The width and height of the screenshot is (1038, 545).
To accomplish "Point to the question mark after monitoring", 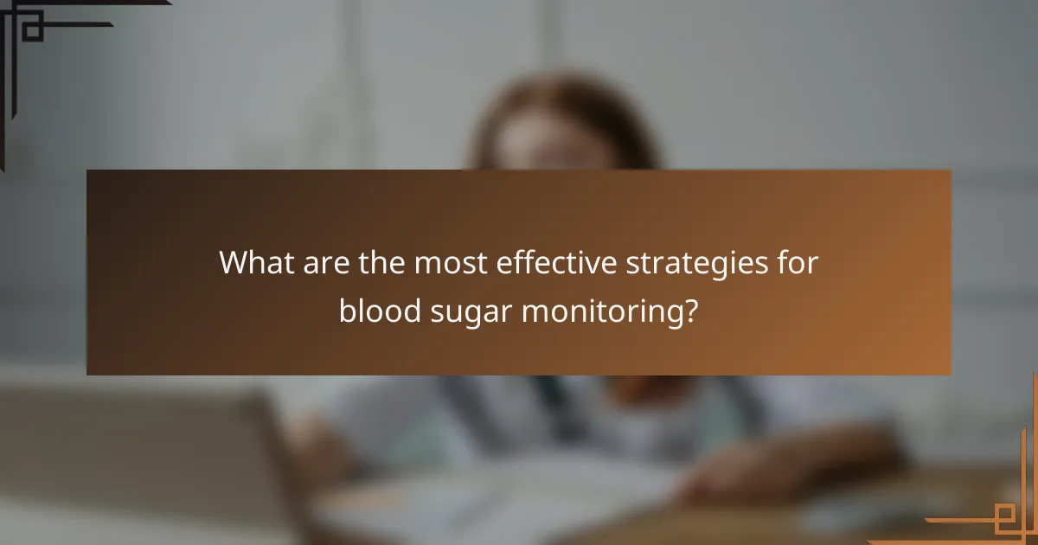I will coord(689,310).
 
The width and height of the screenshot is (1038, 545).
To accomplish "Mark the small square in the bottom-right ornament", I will coord(1005,519).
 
